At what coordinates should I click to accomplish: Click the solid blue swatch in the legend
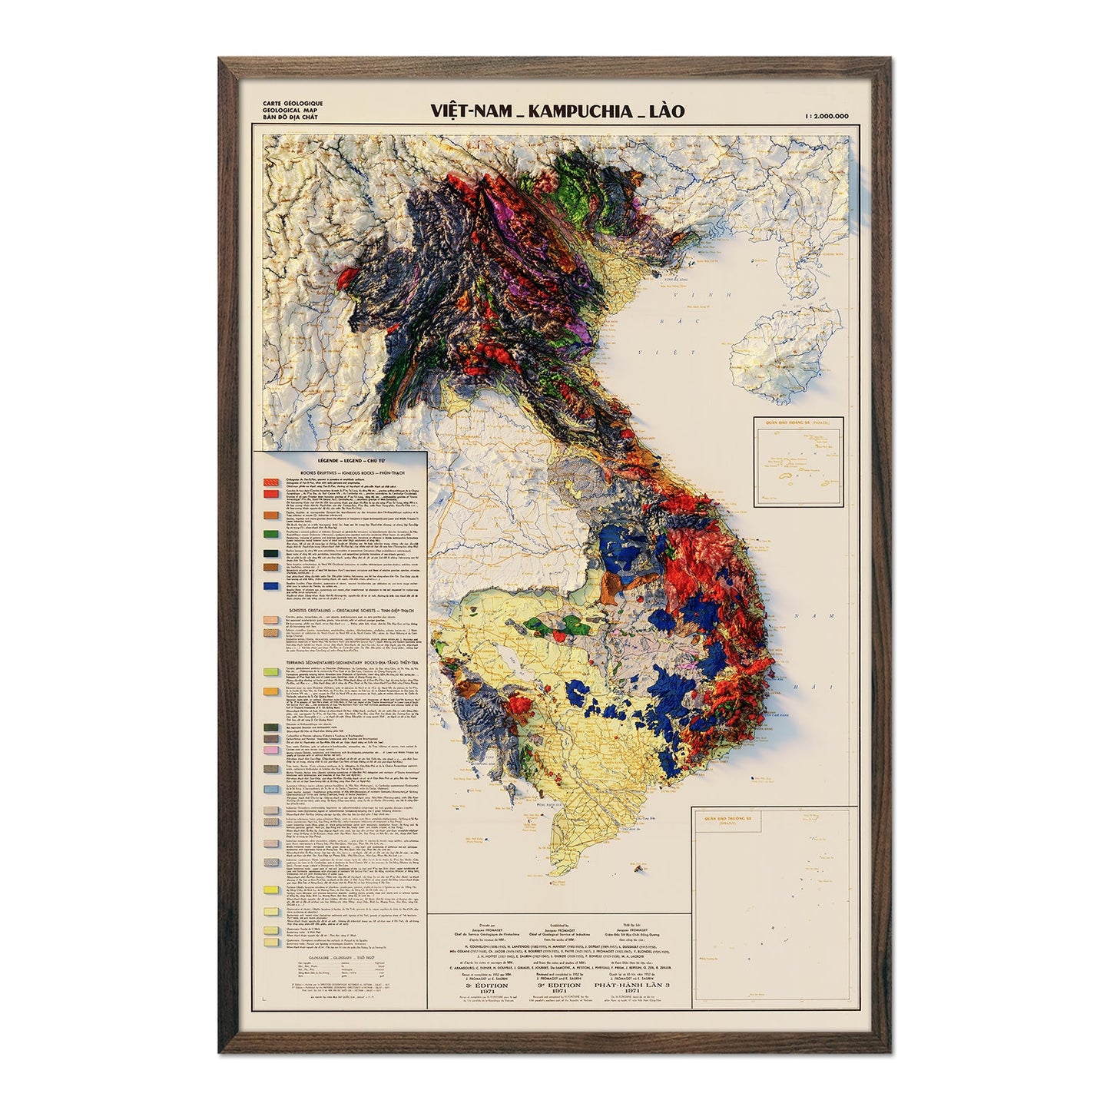point(270,586)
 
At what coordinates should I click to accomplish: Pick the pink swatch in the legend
point(270,750)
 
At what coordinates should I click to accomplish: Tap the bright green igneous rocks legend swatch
point(270,533)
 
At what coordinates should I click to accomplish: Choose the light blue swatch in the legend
point(270,789)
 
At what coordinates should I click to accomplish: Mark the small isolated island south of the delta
point(639,866)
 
